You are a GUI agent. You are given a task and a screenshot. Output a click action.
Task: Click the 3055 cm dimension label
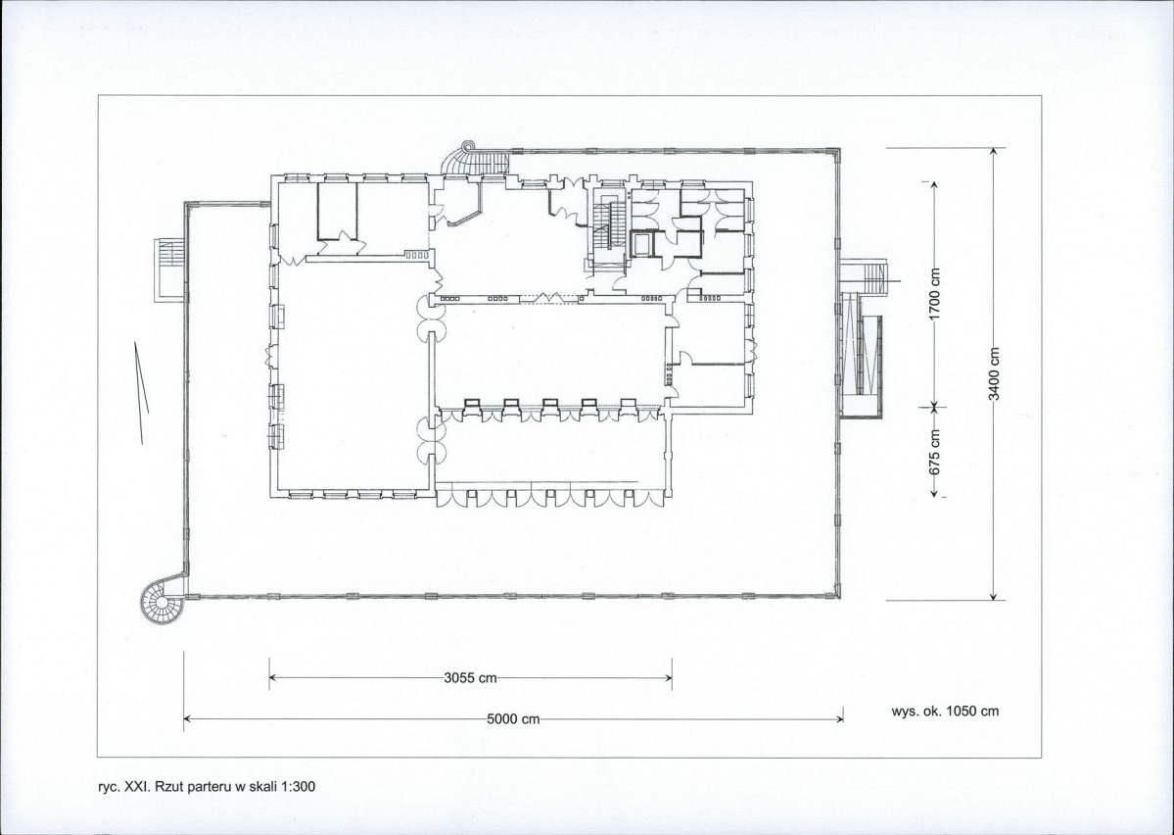(x=470, y=678)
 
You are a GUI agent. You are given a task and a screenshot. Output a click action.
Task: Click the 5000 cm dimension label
(x=514, y=719)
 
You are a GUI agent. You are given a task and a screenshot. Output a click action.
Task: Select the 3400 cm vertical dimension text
(x=994, y=374)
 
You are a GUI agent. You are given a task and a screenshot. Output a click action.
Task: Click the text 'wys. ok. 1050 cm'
(x=945, y=712)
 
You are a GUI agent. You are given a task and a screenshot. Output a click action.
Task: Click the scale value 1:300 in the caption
(x=300, y=786)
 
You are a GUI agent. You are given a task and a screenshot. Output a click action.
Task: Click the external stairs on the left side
(x=167, y=270)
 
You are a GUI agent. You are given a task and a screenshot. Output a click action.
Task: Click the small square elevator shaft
(x=641, y=244)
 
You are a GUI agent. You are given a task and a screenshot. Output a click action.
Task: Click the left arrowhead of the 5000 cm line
(x=189, y=719)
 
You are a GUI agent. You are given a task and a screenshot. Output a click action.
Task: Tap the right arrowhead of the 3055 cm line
(x=667, y=678)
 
